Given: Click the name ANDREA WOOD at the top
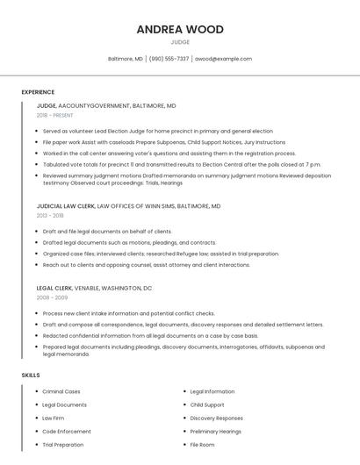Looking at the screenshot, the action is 180,29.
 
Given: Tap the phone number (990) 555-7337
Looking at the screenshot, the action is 169,59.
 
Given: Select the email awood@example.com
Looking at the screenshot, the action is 223,59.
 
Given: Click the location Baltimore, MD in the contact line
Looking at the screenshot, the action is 126,59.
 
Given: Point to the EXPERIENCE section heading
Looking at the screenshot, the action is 38,92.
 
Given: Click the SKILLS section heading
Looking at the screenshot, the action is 31,376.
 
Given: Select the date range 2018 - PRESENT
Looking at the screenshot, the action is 56,115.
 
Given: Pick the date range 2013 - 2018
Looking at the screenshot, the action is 50,215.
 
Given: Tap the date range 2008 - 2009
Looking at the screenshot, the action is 51,297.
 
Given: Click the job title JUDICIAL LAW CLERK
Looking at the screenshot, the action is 65,206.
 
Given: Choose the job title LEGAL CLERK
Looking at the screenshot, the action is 54,288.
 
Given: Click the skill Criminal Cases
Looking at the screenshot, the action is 61,391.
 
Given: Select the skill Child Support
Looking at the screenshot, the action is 207,404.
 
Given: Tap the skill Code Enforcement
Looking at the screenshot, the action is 67,431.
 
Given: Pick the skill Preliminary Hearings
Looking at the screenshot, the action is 216,431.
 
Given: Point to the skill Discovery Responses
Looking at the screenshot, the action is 217,418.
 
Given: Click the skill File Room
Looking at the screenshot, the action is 203,445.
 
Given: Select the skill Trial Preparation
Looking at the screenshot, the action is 63,445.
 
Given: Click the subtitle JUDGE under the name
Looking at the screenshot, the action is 180,42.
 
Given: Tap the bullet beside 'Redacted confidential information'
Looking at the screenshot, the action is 38,335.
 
